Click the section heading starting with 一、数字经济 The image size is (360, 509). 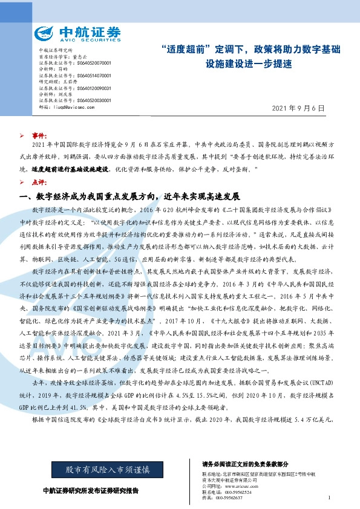click(130, 196)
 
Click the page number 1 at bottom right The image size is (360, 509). click(327, 498)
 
